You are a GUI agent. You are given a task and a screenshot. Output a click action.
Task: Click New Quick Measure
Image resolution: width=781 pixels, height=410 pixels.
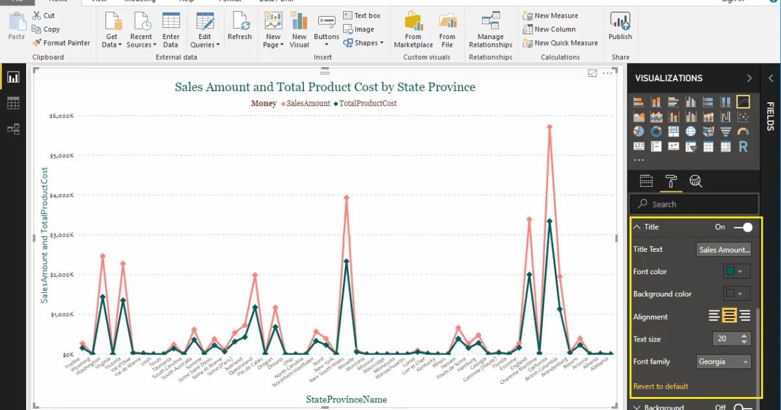560,43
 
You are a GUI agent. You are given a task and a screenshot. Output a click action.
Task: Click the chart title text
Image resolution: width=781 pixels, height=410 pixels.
325,87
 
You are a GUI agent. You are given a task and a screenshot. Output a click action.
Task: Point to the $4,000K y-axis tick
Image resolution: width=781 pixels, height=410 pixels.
62,195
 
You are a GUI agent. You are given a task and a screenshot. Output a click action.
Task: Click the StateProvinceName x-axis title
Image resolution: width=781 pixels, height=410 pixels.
346,399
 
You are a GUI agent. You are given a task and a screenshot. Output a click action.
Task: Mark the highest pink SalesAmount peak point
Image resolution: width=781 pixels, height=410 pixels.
549,127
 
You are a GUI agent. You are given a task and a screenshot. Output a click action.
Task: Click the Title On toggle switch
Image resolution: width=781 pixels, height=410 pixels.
743,227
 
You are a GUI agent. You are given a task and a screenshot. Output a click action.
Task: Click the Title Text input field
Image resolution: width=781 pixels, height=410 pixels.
724,249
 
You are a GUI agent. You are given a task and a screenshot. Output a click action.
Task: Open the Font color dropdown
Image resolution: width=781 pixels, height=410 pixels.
737,271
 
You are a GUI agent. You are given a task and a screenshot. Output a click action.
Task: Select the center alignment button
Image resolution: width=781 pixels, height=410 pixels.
730,316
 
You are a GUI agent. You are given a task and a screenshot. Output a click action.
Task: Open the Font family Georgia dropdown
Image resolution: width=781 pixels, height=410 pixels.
724,362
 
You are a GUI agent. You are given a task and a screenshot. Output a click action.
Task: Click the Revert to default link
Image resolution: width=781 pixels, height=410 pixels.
661,387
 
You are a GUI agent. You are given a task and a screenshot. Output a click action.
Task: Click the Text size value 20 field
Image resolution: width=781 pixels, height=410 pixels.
724,339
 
